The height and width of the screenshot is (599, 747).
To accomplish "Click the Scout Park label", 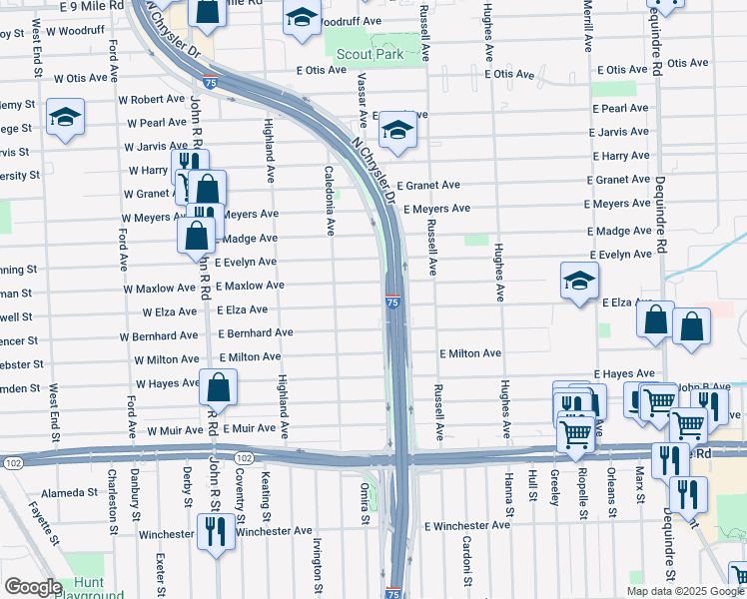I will tap(370, 54).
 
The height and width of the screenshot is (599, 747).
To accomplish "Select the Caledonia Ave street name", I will tap(330, 201).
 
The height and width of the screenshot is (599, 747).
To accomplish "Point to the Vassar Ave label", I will tap(363, 100).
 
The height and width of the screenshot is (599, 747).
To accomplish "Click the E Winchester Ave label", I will tap(468, 526).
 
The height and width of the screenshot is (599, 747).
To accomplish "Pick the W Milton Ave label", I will tap(166, 358).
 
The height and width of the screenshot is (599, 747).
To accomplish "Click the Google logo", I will tap(33, 586).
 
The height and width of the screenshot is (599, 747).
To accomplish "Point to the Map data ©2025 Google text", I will tap(684, 591).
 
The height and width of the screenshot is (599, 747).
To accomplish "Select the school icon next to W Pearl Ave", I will tap(66, 118).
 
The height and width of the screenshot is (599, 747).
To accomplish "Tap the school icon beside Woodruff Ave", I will tap(301, 19).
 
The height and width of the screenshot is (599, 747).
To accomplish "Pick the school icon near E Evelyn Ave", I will tap(579, 281).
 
